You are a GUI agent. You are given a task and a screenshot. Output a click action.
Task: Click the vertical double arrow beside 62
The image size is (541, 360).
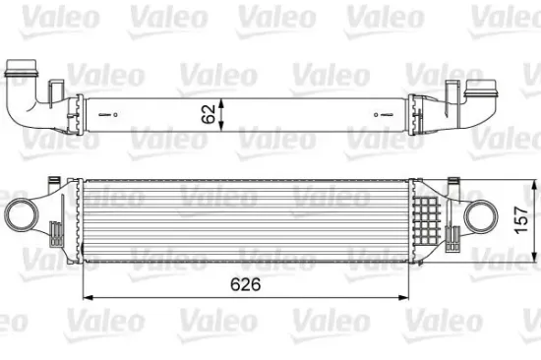tap(222, 113)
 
